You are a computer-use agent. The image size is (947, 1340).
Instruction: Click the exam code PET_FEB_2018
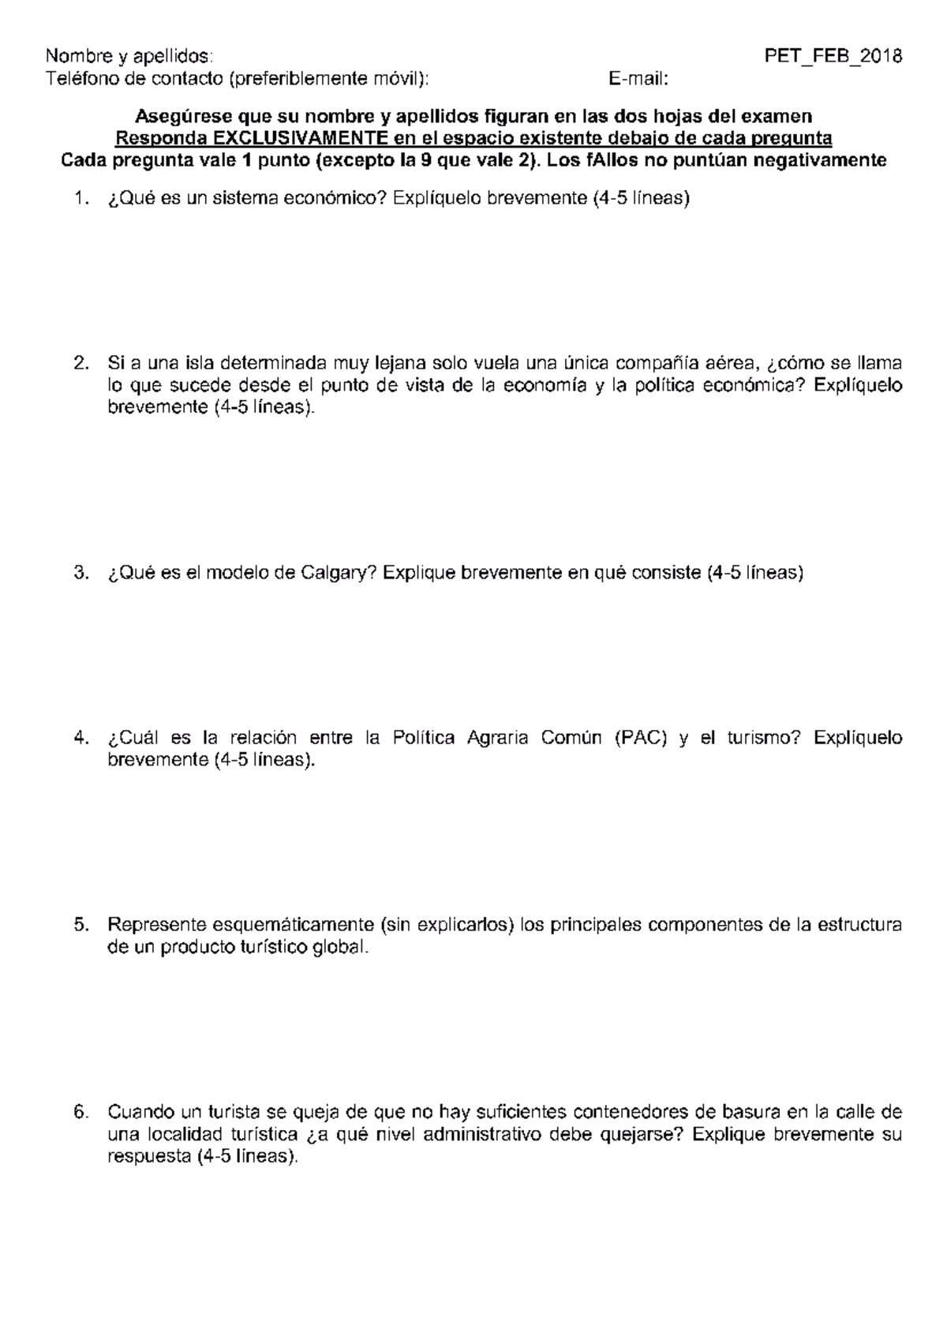coord(833,56)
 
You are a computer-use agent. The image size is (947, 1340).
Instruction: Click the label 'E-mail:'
coord(638,79)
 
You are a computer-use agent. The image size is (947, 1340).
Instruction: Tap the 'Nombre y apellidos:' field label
coord(129,56)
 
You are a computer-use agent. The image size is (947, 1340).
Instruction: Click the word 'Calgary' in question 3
coord(338,574)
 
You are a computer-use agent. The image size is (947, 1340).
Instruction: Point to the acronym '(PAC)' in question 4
coord(639,738)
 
